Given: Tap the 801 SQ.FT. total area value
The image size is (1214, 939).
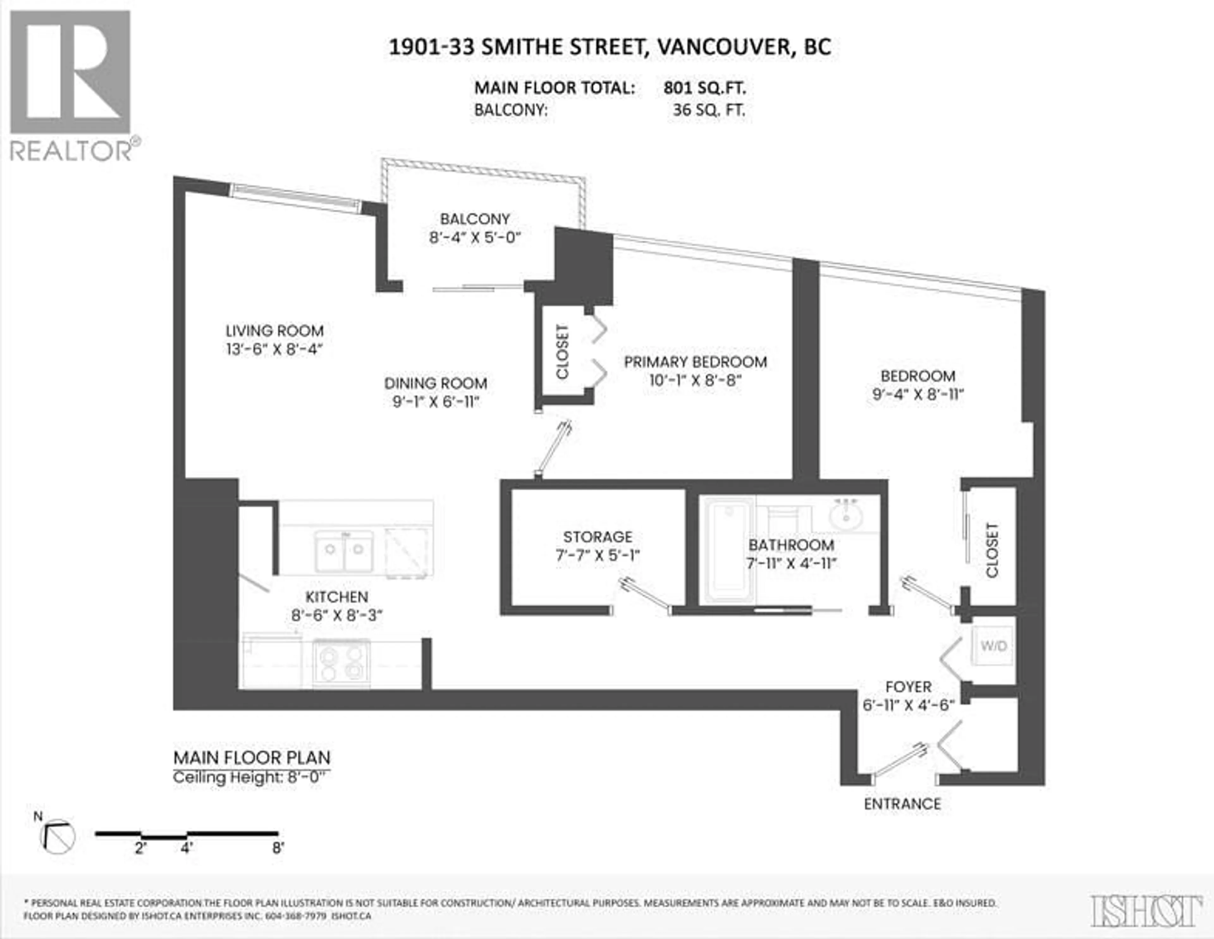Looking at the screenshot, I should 704,88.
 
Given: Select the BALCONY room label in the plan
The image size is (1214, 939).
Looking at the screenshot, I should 475,219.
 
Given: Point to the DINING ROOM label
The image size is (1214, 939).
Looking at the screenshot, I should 435,383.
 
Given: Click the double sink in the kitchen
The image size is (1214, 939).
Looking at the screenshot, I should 344,550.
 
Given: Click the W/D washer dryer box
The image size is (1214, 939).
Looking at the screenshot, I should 993,646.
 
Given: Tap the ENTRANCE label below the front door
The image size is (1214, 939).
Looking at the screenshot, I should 902,804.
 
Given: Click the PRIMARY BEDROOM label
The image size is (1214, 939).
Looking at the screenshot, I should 696,362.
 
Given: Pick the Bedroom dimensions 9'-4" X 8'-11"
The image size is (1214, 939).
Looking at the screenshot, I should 918,394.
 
